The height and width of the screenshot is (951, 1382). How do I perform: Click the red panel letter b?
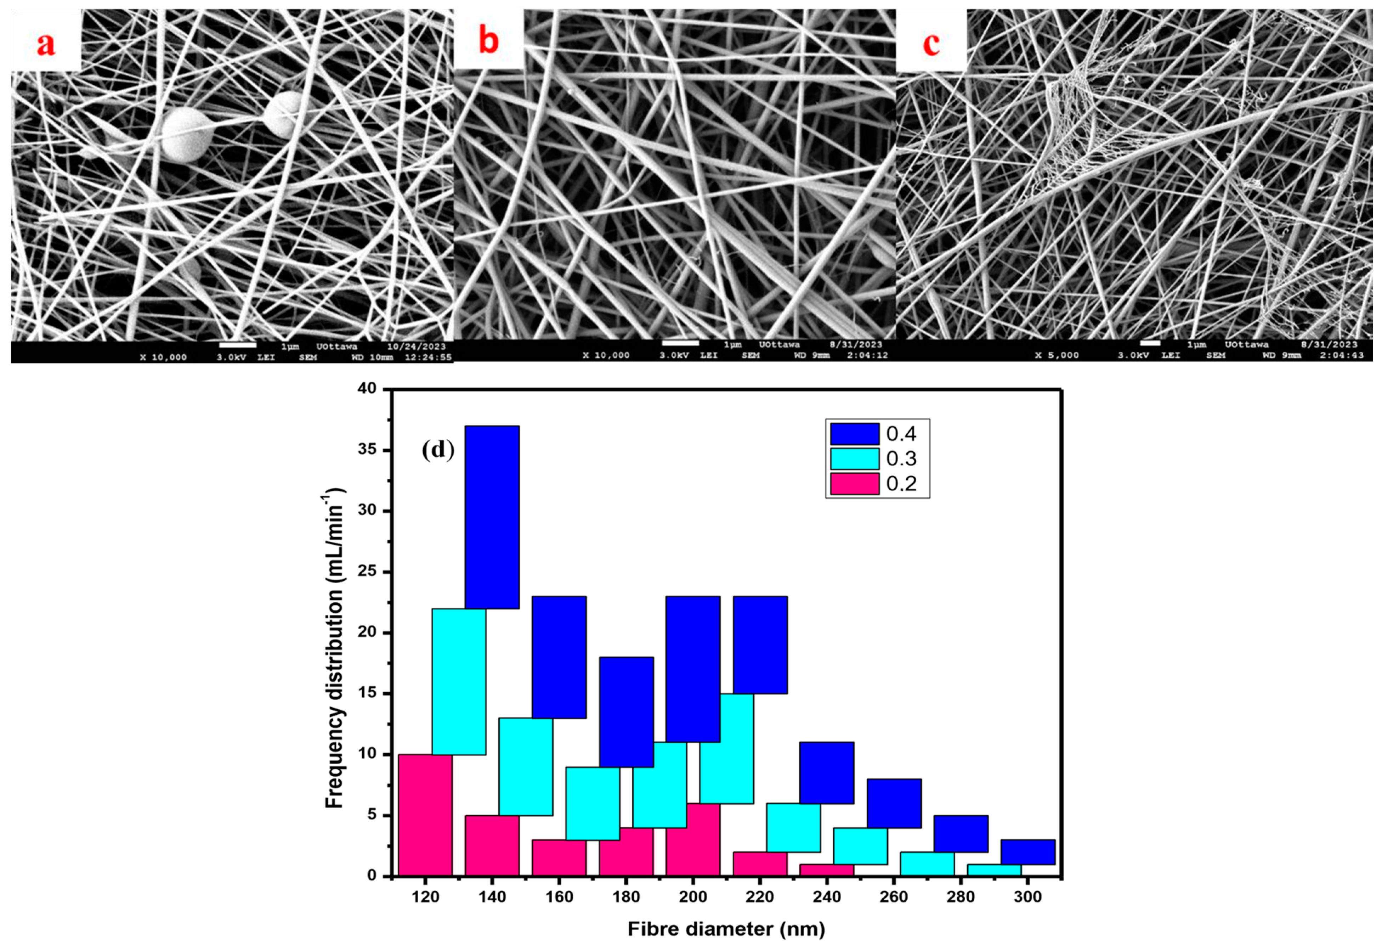488,42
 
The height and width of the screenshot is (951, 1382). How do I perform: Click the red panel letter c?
931,43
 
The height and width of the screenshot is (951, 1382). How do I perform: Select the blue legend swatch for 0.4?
854,434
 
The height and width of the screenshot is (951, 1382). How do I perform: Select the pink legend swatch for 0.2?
854,483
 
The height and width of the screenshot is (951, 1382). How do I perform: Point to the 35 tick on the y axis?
372,450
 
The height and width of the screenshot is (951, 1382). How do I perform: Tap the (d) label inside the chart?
438,450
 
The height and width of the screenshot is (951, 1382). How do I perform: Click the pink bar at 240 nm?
827,870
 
